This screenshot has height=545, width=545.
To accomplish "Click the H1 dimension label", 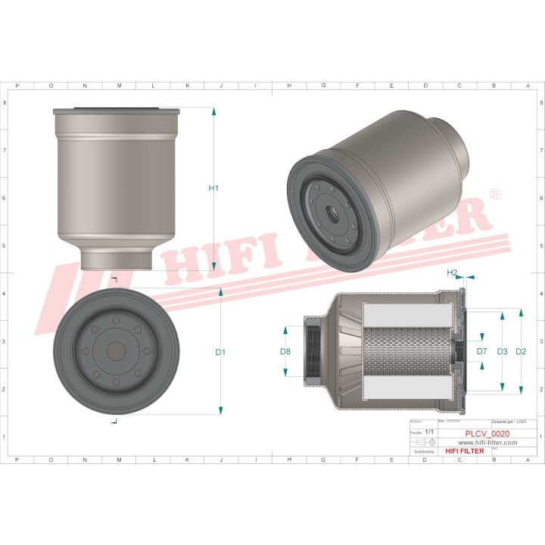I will [x=213, y=188].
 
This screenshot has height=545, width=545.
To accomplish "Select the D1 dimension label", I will [x=220, y=352].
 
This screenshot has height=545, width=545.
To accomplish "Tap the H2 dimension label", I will [x=452, y=272].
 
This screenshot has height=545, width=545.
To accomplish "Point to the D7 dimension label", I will [x=481, y=352].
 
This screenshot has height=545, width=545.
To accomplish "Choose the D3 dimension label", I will [x=501, y=352].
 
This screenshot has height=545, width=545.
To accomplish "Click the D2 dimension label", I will [x=521, y=352].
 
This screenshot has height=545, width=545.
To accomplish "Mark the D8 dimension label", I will [x=285, y=352].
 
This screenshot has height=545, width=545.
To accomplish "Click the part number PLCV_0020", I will [x=487, y=434].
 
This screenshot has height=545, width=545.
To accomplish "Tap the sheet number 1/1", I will [x=430, y=431].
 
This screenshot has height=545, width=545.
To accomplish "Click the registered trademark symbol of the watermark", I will [x=495, y=195].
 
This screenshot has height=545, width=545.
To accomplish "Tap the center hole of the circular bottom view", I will [x=116, y=352].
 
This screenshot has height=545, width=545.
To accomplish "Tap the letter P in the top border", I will [x=17, y=86].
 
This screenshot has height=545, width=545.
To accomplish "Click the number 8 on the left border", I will [x=5, y=103].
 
